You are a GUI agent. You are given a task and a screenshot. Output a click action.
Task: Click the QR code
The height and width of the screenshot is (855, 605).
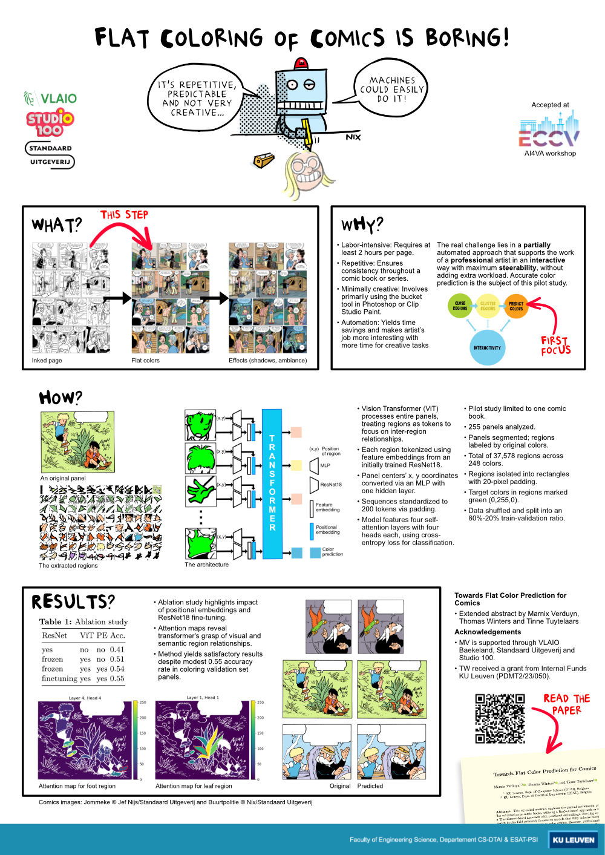click(500, 718)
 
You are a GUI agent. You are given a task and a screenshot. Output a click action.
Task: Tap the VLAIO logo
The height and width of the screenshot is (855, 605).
click(51, 98)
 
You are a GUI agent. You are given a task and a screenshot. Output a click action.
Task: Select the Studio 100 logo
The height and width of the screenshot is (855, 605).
click(50, 123)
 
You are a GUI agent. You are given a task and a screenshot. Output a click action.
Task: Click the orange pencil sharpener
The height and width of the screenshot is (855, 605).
click(264, 160)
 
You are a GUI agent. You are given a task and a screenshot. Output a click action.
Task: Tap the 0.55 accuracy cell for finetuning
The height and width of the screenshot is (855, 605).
click(117, 678)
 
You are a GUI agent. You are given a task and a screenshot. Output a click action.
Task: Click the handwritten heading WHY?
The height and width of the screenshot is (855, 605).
click(362, 225)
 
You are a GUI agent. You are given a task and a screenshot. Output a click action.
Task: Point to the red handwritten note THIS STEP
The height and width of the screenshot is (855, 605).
click(124, 215)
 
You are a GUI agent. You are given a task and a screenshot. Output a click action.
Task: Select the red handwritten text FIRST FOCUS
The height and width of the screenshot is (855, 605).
click(555, 346)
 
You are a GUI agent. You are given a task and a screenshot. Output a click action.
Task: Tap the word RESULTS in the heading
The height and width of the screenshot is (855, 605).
click(70, 602)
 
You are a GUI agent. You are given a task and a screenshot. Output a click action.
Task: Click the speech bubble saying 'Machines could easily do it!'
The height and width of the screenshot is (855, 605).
click(392, 89)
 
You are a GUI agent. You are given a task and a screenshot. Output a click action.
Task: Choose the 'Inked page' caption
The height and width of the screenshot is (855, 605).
click(47, 361)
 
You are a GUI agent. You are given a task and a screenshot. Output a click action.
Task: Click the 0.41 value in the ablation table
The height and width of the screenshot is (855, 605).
click(117, 649)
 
